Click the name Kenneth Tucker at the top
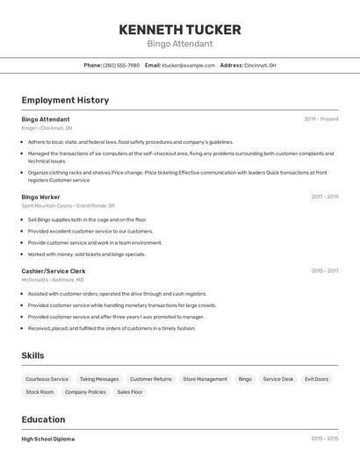[180, 29]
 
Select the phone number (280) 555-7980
[121, 65]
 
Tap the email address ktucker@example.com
[188, 65]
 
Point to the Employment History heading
[65, 100]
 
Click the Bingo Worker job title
[41, 197]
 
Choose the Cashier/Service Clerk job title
[54, 271]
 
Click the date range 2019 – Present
[321, 119]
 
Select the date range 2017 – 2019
[325, 197]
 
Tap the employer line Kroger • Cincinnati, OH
[47, 128]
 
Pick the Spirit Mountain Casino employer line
[66, 206]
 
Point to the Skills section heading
[33, 355]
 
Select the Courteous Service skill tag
[47, 379]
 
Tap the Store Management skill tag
[205, 379]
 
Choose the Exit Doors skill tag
[316, 379]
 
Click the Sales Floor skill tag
[130, 392]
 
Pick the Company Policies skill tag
[85, 392]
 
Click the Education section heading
[44, 419]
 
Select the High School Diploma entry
[48, 439]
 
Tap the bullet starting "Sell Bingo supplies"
[87, 219]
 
